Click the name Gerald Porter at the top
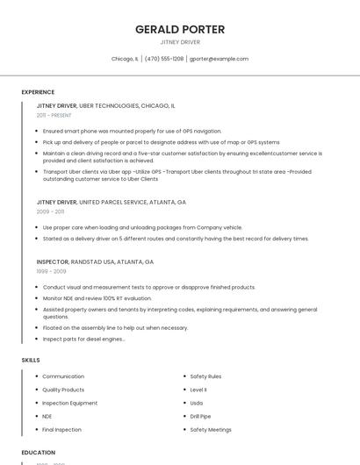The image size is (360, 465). pos(180,29)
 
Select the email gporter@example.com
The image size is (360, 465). pos(219,59)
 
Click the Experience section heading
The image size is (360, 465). pos(38,92)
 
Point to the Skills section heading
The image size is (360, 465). pos(31,360)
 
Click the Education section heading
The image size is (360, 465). pos(39,453)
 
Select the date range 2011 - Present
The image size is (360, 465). pos(54,115)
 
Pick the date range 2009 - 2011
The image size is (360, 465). pos(50,211)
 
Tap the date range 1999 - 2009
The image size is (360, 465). pos(51,271)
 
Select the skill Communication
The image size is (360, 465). pos(63,376)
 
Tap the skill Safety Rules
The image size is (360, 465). pos(205,376)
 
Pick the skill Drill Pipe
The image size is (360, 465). pos(200,416)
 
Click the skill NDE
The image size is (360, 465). pos(47,416)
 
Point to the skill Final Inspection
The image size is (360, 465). pos(61,430)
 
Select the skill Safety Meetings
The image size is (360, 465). pos(211,430)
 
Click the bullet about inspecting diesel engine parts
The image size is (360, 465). pos(83,339)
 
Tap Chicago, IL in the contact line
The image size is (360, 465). pos(125,59)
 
